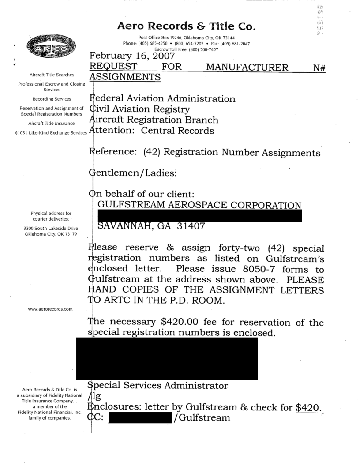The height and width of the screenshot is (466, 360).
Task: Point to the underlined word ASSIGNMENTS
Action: [x=124, y=78]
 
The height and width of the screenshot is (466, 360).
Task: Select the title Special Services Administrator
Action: [x=158, y=386]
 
